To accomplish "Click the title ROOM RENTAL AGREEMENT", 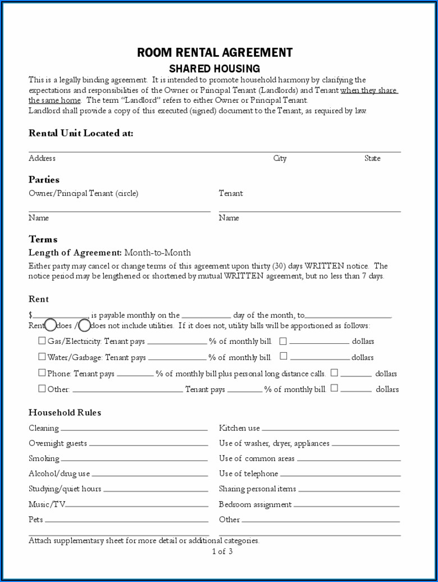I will (x=215, y=53).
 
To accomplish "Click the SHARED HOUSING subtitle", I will (x=215, y=69).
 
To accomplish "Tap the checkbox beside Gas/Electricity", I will (x=42, y=340).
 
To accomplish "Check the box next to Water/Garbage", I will (x=42, y=356).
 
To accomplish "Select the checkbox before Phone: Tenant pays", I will (x=42, y=372).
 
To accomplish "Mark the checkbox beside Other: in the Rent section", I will (x=42, y=388).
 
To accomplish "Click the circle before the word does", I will (x=51, y=325).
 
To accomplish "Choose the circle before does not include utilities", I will (x=84, y=325).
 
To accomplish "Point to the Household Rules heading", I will (x=65, y=412).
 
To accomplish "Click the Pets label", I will (x=36, y=520).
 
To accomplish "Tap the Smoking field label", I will (x=44, y=458).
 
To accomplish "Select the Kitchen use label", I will (x=239, y=428).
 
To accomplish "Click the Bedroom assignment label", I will (x=255, y=504).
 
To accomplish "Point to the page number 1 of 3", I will (x=222, y=552).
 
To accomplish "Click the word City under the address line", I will (x=280, y=158).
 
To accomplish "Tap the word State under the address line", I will (x=372, y=158).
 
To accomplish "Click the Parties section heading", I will (x=44, y=180).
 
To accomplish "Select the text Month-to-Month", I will (x=157, y=253).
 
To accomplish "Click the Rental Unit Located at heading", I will (x=81, y=133).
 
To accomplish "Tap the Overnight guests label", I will (x=58, y=443).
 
